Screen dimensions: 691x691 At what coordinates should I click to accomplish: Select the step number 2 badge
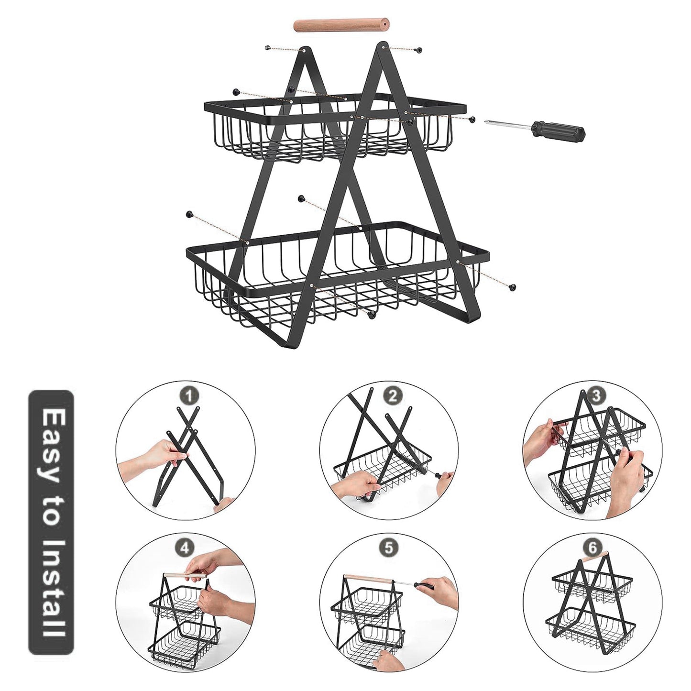click(393, 395)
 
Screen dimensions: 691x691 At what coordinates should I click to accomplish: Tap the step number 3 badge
click(596, 396)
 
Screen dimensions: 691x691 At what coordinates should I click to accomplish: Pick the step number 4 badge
click(185, 548)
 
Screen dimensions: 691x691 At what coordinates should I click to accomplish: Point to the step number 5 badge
click(389, 548)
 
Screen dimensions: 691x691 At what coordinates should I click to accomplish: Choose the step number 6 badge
click(592, 548)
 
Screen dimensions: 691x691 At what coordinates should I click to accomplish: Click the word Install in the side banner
click(51, 588)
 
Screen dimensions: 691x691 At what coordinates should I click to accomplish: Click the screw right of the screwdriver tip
click(472, 119)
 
